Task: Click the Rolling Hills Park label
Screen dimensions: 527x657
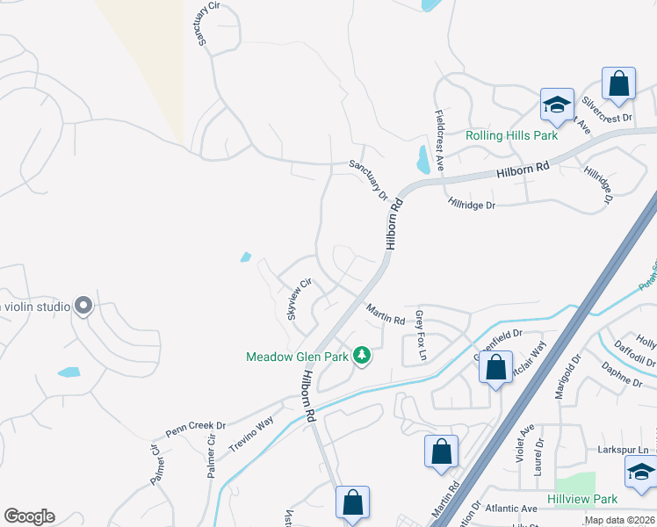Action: point(511,136)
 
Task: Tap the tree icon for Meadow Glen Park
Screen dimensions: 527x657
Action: point(360,355)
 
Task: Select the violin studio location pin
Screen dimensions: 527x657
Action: point(83,306)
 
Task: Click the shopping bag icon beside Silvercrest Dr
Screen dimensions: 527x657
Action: point(618,85)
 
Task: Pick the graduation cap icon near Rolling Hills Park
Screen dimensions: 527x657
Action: point(557,105)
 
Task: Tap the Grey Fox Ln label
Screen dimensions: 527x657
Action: point(421,335)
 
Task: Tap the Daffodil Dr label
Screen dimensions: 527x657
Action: point(636,353)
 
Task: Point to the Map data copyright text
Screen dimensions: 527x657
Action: point(618,520)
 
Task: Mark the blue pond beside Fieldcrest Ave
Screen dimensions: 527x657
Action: point(424,160)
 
